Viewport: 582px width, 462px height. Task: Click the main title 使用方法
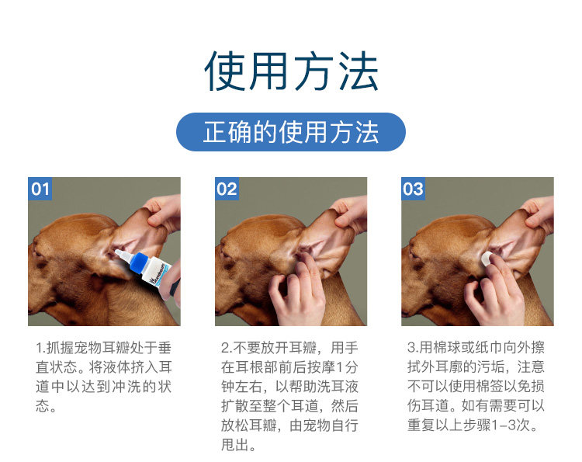(291, 71)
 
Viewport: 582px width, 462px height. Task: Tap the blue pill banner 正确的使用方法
(291, 132)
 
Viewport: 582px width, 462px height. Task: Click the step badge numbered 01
(40, 189)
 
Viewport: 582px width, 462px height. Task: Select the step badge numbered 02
(227, 189)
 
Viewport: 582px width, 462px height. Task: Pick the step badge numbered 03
(413, 189)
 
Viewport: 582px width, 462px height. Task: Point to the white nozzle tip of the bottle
(119, 253)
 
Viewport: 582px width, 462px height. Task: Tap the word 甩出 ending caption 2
(234, 444)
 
